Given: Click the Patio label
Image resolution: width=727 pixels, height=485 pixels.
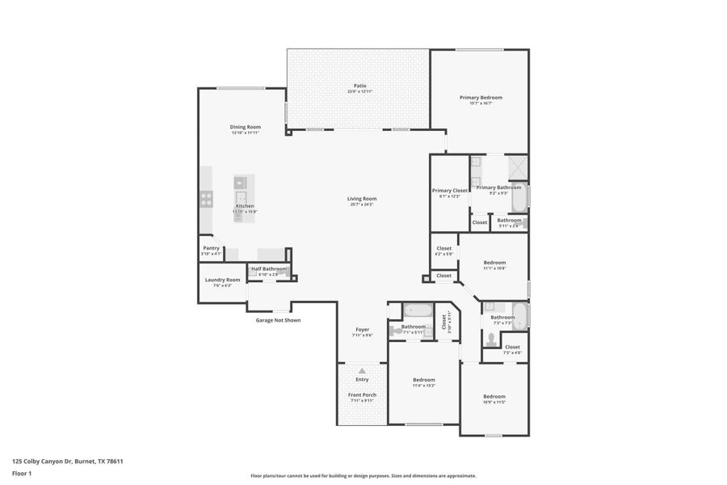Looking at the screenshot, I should tap(359, 86).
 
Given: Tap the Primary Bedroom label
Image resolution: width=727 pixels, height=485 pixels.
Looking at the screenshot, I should tap(481, 98).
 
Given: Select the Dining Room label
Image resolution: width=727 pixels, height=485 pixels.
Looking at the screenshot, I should tap(245, 127).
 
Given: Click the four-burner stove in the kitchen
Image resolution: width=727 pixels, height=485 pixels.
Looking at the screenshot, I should tap(207, 196).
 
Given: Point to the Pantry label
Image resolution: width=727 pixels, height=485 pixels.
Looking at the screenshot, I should tap(211, 248).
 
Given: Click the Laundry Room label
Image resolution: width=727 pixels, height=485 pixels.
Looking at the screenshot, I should tap(222, 280).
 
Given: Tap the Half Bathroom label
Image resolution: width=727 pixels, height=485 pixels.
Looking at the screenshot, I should tap(268, 268).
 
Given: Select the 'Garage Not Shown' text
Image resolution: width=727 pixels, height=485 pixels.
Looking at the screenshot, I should tap(278, 320).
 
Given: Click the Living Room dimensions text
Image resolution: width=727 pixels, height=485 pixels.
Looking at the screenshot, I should tap(362, 205).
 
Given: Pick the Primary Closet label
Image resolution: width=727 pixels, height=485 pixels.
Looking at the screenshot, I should tap(450, 191).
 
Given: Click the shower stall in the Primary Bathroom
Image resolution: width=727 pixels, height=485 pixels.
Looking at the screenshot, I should tap(516, 167).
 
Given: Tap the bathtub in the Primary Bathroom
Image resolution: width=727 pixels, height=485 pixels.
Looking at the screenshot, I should tap(519, 198).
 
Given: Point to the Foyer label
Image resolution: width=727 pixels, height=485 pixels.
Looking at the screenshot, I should tap(363, 329).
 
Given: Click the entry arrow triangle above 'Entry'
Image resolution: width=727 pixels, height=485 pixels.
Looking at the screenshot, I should tap(362, 371).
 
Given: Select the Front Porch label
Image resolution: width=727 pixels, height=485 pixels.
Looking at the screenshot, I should tap(363, 394).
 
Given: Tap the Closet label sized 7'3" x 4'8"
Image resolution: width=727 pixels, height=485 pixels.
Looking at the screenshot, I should tap(512, 347).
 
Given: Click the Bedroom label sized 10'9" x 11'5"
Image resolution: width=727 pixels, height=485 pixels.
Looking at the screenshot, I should tap(494, 396).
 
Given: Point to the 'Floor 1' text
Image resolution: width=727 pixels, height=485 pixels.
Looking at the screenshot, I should tap(22, 474).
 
